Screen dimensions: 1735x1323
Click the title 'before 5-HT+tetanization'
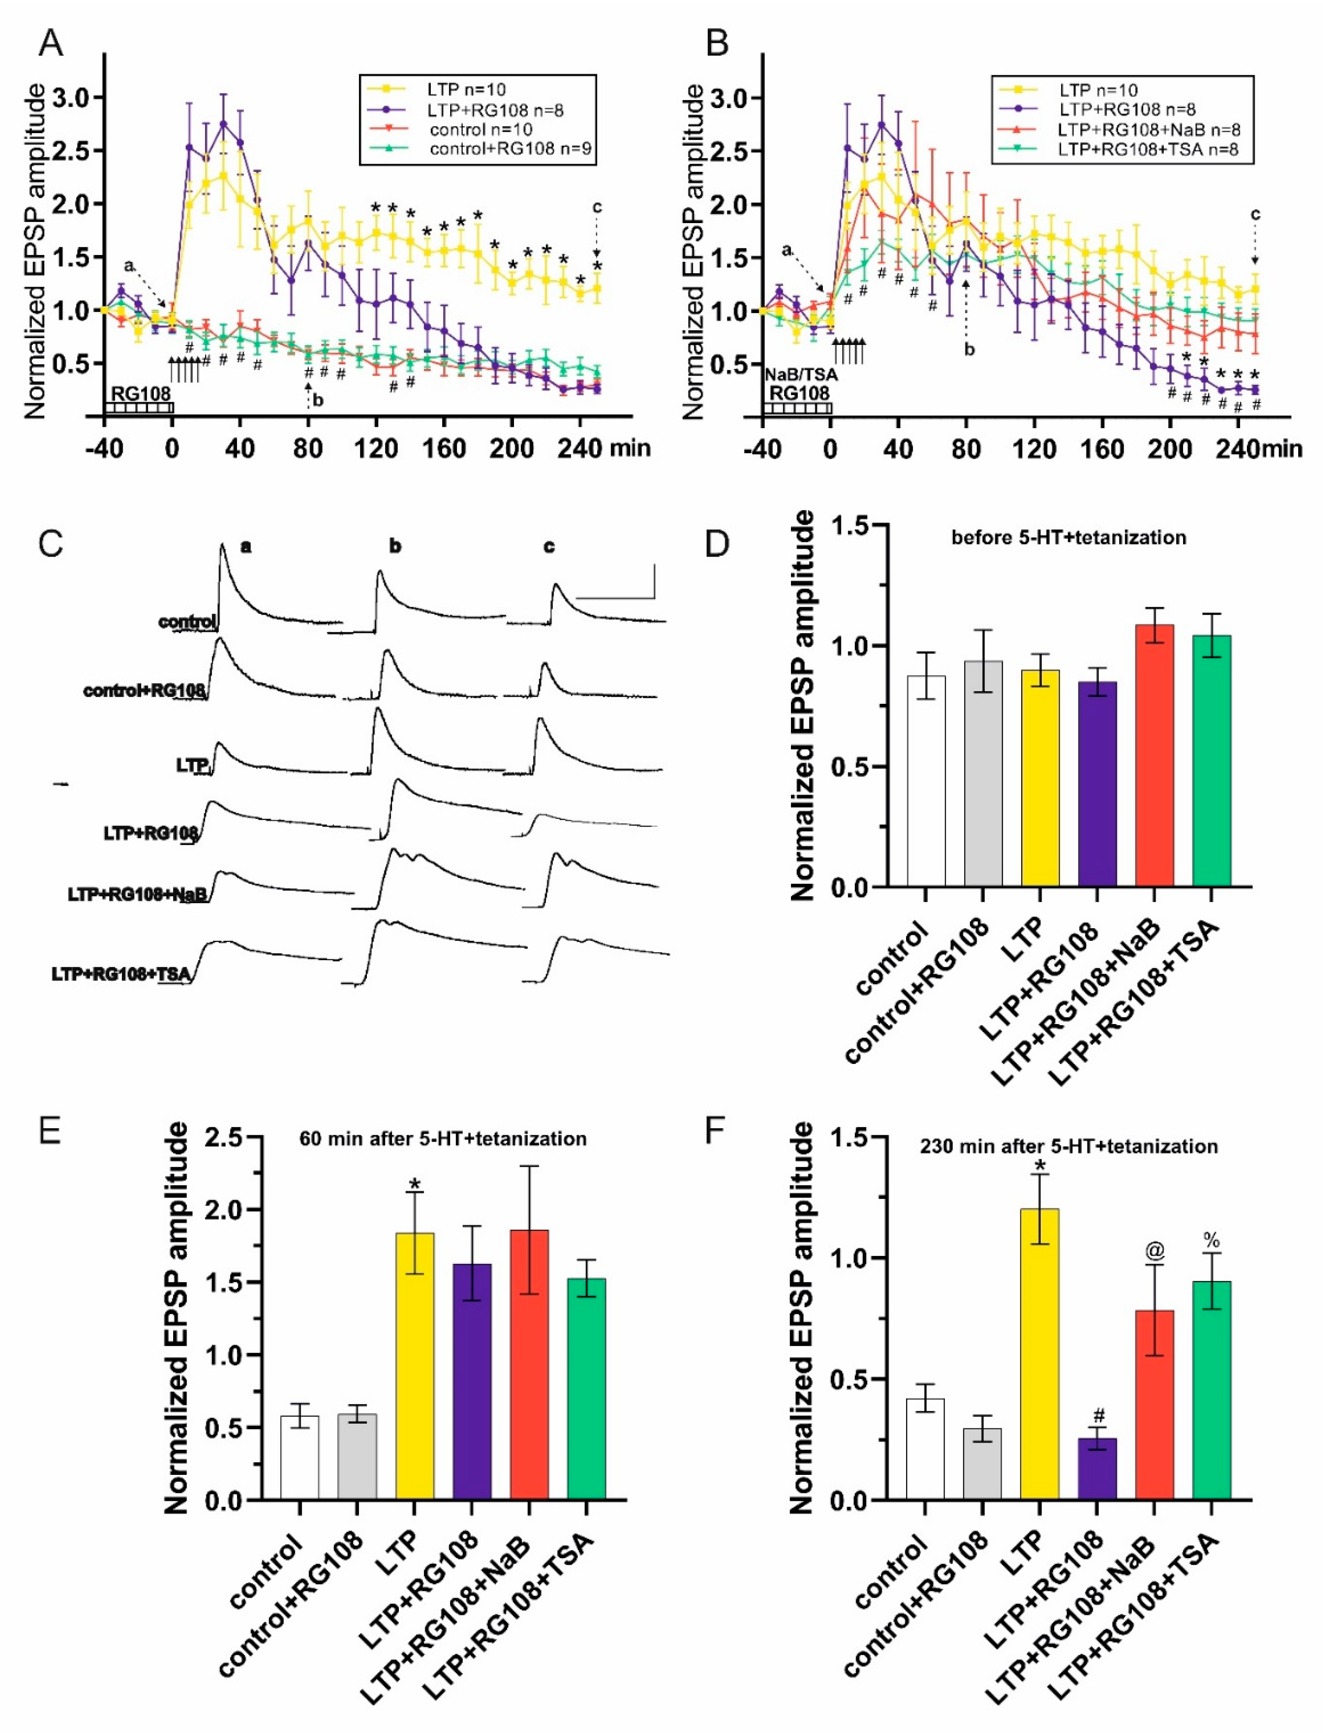tap(1069, 538)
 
